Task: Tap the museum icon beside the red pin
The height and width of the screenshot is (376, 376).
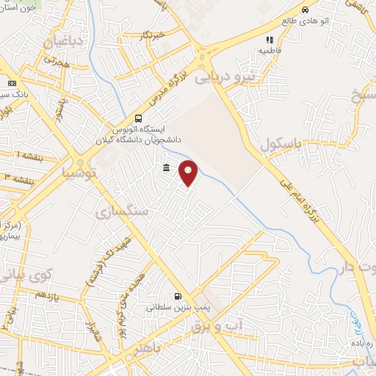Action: point(167,169)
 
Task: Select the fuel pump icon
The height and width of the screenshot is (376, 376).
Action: point(176,297)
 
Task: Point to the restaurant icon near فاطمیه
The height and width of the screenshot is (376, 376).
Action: point(270,40)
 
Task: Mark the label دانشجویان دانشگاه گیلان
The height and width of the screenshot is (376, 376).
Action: point(139,139)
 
